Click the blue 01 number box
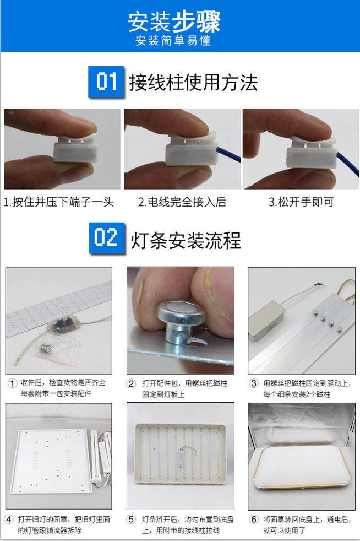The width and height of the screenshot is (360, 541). point(106,82)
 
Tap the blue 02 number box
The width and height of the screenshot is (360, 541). point(107,238)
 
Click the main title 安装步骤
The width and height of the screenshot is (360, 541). point(174,21)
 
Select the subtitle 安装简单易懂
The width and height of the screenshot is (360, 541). point(173,41)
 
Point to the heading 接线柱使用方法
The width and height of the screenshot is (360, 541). point(193,83)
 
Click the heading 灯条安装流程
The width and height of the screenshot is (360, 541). point(186,240)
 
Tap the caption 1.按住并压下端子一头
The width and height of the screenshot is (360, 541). point(58,202)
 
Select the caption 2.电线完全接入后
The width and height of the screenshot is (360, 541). point(182,202)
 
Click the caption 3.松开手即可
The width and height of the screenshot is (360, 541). point(301,202)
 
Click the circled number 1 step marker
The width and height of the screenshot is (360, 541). point(13,383)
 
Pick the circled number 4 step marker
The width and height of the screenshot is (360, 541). point(9,520)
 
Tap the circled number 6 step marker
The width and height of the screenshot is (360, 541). point(254,520)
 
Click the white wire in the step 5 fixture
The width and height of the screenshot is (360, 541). point(184,451)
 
